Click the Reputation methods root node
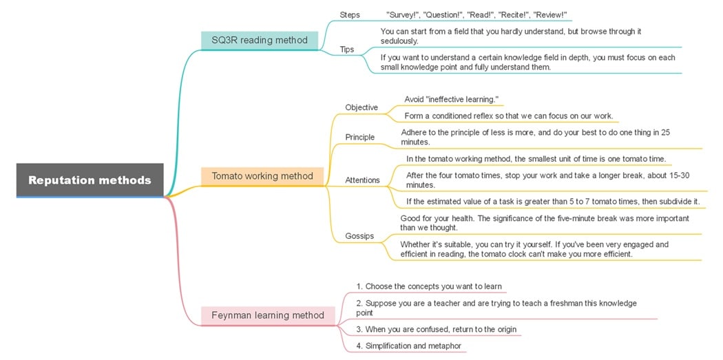[90, 180]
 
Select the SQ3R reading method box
[260, 40]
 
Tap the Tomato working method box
[262, 176]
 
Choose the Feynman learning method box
[268, 315]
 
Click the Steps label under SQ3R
[350, 14]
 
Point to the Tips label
[348, 49]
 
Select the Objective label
[361, 107]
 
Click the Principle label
[360, 137]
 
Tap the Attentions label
[362, 180]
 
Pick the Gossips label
[359, 236]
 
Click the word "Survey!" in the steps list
[405, 15]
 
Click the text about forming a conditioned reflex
[508, 116]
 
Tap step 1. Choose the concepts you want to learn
[429, 286]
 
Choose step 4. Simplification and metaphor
[409, 346]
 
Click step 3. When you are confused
[436, 329]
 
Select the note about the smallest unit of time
[536, 159]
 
